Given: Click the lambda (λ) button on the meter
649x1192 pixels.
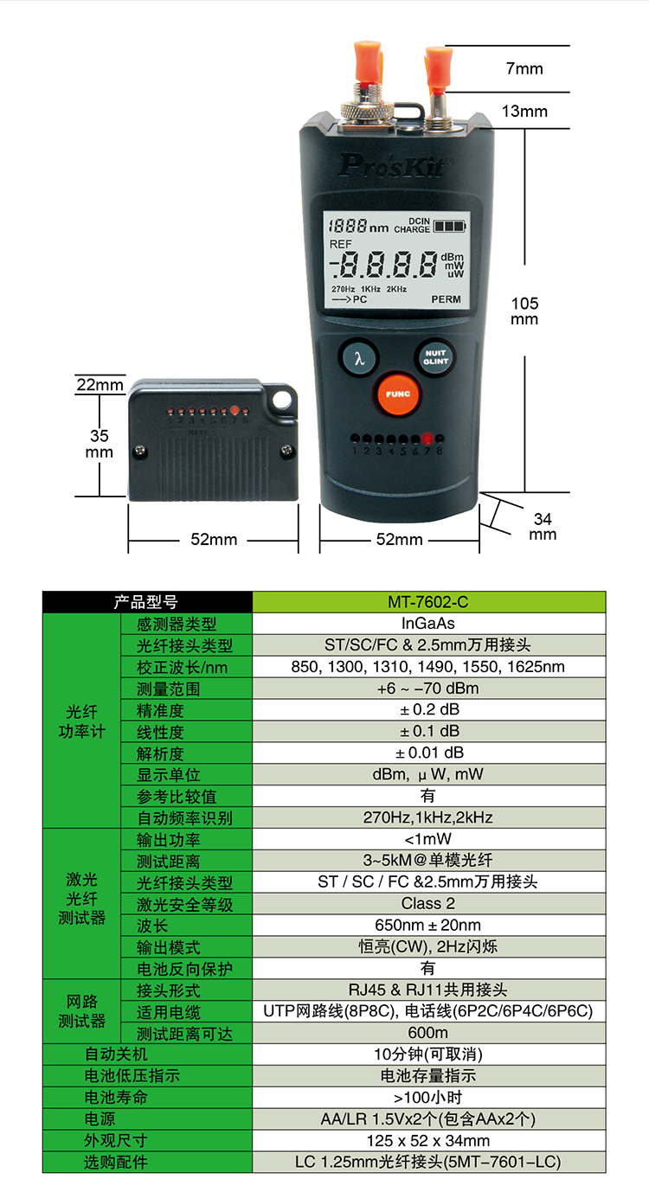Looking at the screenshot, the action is [x=359, y=357].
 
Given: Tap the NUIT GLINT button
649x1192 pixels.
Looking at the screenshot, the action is [x=435, y=357].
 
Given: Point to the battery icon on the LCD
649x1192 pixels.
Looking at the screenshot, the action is [x=449, y=226].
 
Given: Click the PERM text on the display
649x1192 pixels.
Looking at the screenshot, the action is [x=447, y=299].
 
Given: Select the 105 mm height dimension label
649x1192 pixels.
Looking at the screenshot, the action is [x=524, y=311].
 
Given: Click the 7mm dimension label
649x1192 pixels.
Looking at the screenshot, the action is [x=524, y=68].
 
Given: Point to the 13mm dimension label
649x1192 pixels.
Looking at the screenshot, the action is [x=524, y=112].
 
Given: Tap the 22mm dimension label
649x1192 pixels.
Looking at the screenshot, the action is [x=100, y=384].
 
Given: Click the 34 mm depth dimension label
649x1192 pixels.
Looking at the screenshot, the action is [x=543, y=526].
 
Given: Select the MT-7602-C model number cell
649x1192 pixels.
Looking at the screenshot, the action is [x=428, y=602].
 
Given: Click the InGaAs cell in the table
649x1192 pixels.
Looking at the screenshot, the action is [x=428, y=623].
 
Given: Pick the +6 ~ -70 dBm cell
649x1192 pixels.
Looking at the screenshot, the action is [x=428, y=688].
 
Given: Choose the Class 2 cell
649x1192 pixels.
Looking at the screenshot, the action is [x=428, y=904].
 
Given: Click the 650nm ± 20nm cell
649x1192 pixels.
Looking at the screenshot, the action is [x=428, y=925].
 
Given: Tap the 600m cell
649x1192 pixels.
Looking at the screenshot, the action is [x=428, y=1032].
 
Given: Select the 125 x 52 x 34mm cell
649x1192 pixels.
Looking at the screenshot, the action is [x=428, y=1140].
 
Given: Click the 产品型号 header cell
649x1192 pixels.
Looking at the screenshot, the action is [x=147, y=602].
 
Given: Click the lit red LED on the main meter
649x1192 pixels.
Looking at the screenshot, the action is [x=427, y=439].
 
